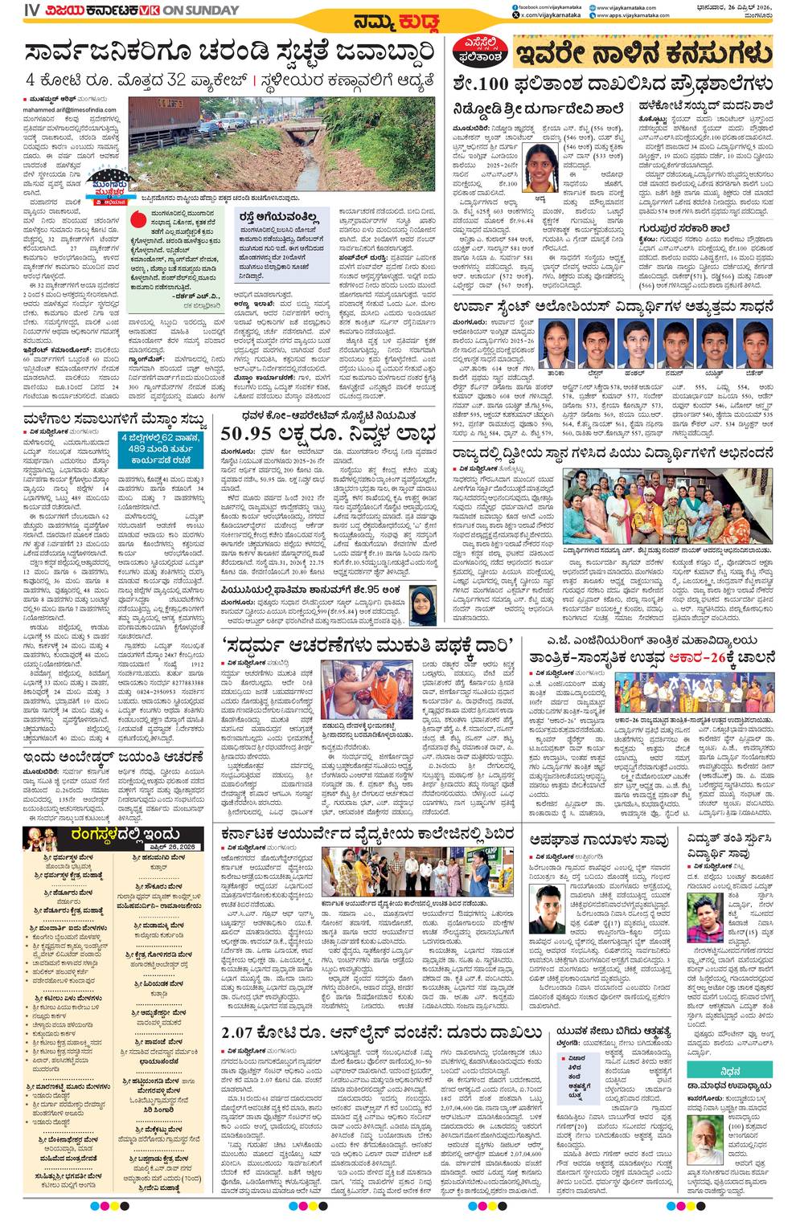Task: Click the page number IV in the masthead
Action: (x=31, y=10)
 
